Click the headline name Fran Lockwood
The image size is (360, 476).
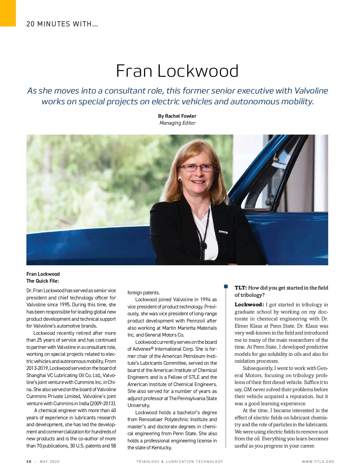tap(177, 71)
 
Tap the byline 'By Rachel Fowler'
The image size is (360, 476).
tap(177, 116)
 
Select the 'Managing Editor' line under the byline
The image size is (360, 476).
tap(177, 123)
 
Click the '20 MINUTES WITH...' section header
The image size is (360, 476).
tap(62, 24)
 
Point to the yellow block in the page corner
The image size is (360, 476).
tap(7, 13)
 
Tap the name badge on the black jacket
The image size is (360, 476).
tap(223, 232)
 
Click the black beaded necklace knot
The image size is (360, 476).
tap(204, 245)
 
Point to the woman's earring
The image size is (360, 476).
tap(180, 180)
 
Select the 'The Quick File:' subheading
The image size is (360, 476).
tap(43, 281)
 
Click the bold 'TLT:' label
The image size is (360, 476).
tap(241, 288)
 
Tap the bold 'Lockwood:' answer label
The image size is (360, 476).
tap(249, 305)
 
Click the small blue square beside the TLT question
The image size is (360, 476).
tap(226, 287)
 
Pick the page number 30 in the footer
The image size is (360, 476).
tap(29, 462)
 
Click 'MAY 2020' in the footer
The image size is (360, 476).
tap(49, 462)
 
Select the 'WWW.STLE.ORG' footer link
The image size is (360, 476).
tap(318, 462)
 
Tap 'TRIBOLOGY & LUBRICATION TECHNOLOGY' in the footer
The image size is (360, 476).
tap(180, 462)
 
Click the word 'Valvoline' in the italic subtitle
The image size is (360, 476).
tap(311, 91)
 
